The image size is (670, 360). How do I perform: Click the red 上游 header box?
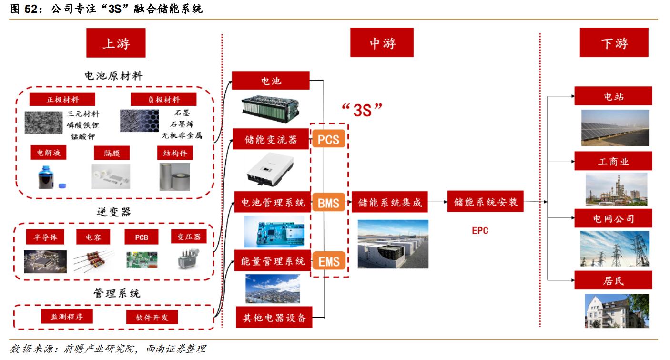[116, 43]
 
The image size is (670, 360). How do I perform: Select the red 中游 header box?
[382, 43]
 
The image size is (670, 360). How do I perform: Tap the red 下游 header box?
[614, 43]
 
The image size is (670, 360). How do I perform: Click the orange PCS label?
[328, 140]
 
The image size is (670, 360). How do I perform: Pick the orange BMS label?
[328, 204]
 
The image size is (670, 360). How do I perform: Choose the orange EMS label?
[328, 261]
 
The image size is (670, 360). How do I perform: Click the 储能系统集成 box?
[390, 203]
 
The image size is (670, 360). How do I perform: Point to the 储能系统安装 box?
[486, 203]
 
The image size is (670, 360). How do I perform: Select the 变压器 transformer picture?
[188, 259]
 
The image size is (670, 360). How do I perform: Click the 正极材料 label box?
[62, 100]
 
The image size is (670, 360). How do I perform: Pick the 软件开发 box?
[152, 317]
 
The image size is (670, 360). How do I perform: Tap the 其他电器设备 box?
[274, 317]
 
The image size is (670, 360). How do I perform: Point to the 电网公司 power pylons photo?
[614, 248]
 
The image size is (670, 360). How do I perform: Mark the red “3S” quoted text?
[362, 110]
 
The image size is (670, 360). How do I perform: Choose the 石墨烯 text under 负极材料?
[183, 124]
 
